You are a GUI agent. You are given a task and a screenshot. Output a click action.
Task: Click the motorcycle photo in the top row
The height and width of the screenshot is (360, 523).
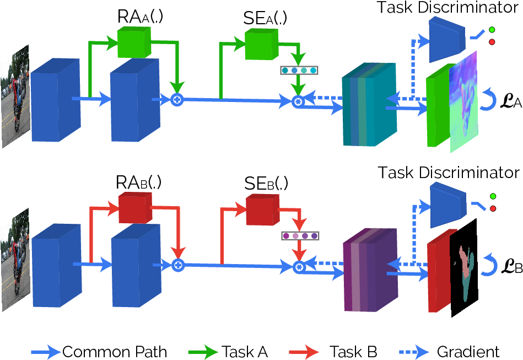15,96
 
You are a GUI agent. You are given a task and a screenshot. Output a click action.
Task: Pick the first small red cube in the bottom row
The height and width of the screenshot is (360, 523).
134,208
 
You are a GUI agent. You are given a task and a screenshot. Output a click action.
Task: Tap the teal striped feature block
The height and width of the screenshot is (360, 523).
369,105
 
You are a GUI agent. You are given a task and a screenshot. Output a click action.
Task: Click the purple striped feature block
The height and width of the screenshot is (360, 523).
370,270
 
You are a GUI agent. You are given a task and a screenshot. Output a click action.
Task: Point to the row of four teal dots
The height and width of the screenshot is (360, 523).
299,70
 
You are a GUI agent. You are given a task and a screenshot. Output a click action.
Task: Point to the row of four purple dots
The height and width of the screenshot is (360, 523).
300,235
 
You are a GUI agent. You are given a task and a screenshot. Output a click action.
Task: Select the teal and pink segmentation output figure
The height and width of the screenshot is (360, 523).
466,273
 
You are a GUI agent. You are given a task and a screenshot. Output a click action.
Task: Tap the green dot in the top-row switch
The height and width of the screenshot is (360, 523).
492,30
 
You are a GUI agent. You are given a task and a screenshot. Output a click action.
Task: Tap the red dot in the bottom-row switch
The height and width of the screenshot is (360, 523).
493,208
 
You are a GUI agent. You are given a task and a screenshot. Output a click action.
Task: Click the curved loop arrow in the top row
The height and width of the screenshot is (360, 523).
489,99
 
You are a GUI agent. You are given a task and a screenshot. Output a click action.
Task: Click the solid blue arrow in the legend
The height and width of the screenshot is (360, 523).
46,352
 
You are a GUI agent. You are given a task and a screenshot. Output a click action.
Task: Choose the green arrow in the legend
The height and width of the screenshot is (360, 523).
203,352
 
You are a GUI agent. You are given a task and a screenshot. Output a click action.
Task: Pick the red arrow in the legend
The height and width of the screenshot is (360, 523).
304,352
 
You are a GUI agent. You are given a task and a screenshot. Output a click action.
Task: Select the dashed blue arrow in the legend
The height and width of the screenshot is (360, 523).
414,352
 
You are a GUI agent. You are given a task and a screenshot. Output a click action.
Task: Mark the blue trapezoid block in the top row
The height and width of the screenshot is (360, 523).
447,40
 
